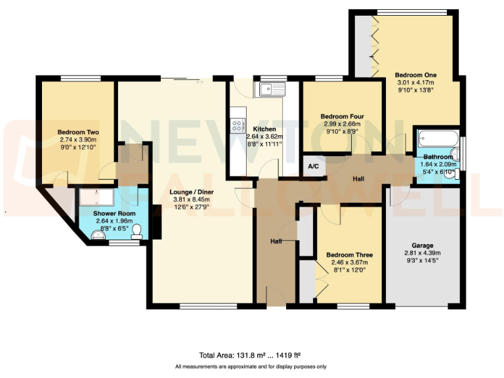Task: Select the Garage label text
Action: pyautogui.click(x=423, y=245)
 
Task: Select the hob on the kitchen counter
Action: pyautogui.click(x=236, y=126)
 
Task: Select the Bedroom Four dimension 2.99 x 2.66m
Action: pyautogui.click(x=342, y=124)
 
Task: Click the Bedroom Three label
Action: pyautogui.click(x=349, y=255)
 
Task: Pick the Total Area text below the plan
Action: pyautogui.click(x=251, y=354)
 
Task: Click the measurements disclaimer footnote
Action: pyautogui.click(x=251, y=366)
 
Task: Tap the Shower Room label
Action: pyautogui.click(x=114, y=214)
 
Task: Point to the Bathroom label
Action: pyautogui.click(x=438, y=157)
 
